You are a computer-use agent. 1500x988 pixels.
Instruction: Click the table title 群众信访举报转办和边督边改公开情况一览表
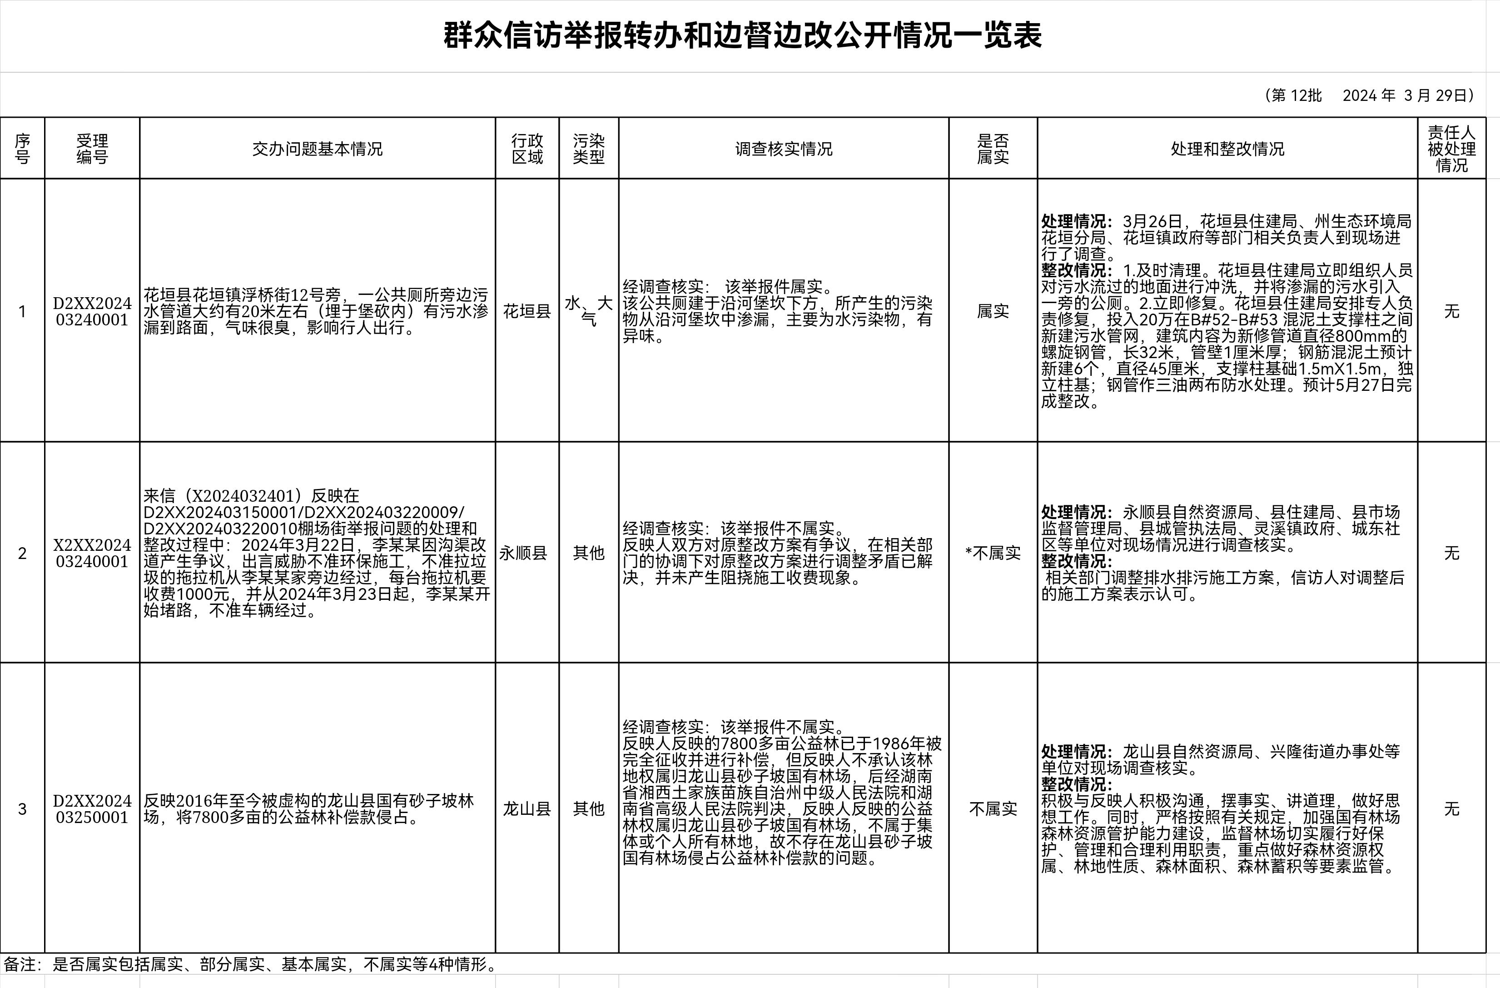(x=742, y=35)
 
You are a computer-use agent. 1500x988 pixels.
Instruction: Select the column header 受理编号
(x=92, y=149)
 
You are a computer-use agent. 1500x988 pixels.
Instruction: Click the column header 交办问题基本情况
(x=317, y=149)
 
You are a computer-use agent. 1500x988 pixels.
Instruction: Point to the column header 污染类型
(x=589, y=149)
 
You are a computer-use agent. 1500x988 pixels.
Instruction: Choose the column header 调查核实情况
(x=784, y=149)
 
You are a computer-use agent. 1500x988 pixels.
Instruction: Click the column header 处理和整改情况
(x=1227, y=149)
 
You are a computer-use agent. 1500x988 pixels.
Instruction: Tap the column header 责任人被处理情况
(x=1451, y=149)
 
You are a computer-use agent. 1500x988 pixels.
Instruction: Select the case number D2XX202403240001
(x=92, y=311)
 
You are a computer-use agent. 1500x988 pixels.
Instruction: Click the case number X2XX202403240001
(x=92, y=553)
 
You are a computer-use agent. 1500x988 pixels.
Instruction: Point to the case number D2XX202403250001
(x=92, y=809)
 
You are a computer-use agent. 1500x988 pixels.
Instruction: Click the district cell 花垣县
(x=527, y=311)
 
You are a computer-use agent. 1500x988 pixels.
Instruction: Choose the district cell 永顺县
(x=523, y=553)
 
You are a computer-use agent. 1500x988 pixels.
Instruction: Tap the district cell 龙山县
(x=527, y=809)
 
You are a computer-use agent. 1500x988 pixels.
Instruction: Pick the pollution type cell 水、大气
(x=589, y=311)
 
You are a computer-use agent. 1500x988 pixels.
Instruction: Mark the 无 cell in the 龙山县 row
(x=1451, y=809)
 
